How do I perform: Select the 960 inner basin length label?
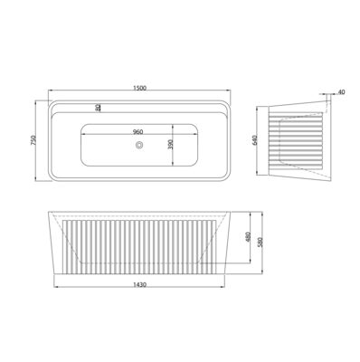click(x=137, y=132)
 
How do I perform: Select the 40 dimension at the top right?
click(x=340, y=93)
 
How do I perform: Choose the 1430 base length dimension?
click(x=136, y=283)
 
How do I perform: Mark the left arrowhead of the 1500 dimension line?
click(x=48, y=93)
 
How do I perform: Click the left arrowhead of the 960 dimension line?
click(x=84, y=137)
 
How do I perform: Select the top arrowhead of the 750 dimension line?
click(x=39, y=101)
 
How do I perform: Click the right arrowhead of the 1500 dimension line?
click(x=226, y=93)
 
